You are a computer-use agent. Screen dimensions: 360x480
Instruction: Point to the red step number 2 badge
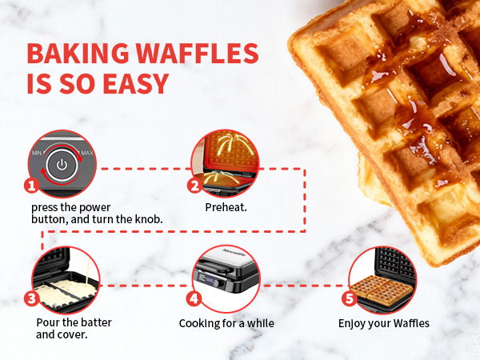194,186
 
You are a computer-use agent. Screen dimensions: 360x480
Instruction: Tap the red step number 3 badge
32,300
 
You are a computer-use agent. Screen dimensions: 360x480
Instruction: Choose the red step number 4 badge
194,300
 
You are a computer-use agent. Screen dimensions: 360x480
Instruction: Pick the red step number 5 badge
349,300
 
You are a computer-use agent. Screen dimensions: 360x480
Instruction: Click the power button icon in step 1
62,166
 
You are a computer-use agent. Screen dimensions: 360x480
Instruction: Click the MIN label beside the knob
36,152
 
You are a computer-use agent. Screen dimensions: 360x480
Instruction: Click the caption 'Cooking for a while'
226,323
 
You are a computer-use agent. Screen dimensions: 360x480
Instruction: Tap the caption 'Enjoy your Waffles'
384,323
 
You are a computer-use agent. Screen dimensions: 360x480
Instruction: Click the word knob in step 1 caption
150,218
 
